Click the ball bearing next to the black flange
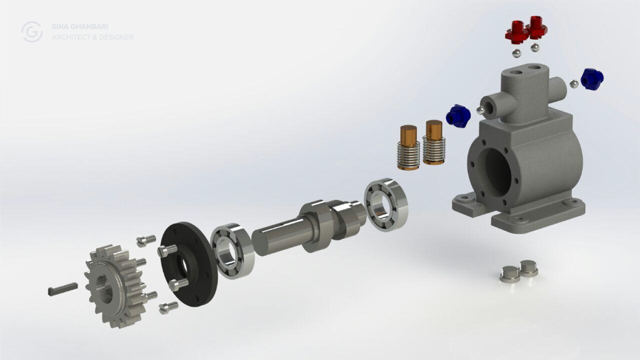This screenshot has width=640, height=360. click(x=233, y=251)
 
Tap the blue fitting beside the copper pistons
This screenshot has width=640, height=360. click(x=458, y=115)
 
